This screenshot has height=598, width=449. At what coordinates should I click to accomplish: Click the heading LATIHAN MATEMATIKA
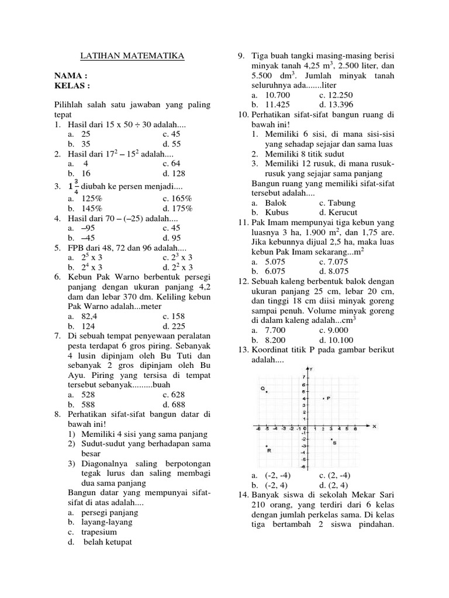click(132, 56)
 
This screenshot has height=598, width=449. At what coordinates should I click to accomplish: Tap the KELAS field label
click(72, 85)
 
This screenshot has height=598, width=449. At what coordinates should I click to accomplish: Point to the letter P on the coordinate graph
click(329, 398)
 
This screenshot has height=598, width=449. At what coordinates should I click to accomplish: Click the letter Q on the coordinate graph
click(263, 388)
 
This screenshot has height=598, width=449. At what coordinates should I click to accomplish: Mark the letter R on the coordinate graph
click(269, 450)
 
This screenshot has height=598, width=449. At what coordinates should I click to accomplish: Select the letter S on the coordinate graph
click(334, 443)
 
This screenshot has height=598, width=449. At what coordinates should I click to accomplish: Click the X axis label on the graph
click(374, 426)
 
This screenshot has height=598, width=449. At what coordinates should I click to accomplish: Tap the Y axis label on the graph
click(313, 369)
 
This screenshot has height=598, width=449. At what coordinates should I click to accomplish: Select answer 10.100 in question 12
click(336, 339)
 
